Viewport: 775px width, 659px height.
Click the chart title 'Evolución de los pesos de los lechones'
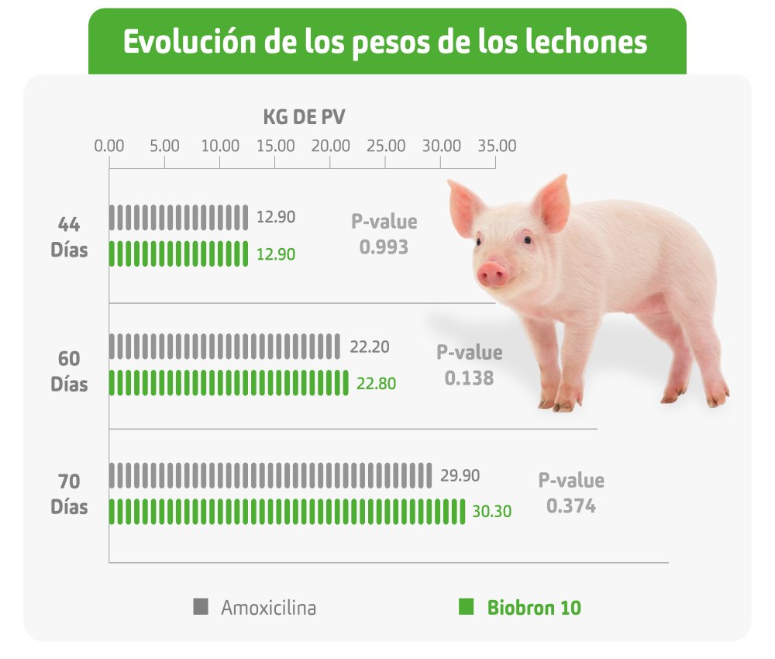(385, 42)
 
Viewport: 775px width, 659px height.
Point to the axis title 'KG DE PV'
(304, 118)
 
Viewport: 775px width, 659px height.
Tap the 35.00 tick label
(497, 146)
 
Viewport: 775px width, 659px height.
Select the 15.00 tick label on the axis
(276, 146)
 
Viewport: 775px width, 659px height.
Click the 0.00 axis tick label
(108, 146)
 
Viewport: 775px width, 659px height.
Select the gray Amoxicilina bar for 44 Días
(178, 217)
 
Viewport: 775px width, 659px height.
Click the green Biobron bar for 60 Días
(229, 383)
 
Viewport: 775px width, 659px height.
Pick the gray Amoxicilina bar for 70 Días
(270, 474)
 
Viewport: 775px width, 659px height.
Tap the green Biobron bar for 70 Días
(287, 512)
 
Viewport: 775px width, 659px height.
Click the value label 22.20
(369, 347)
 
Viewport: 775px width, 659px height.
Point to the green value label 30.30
(491, 512)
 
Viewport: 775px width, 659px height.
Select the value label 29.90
(460, 475)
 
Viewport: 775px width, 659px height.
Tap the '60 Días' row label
(70, 371)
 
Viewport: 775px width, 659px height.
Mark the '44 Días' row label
(70, 237)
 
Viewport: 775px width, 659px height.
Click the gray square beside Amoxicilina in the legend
(201, 606)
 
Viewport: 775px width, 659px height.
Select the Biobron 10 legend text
(534, 607)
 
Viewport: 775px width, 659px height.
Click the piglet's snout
(492, 273)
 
